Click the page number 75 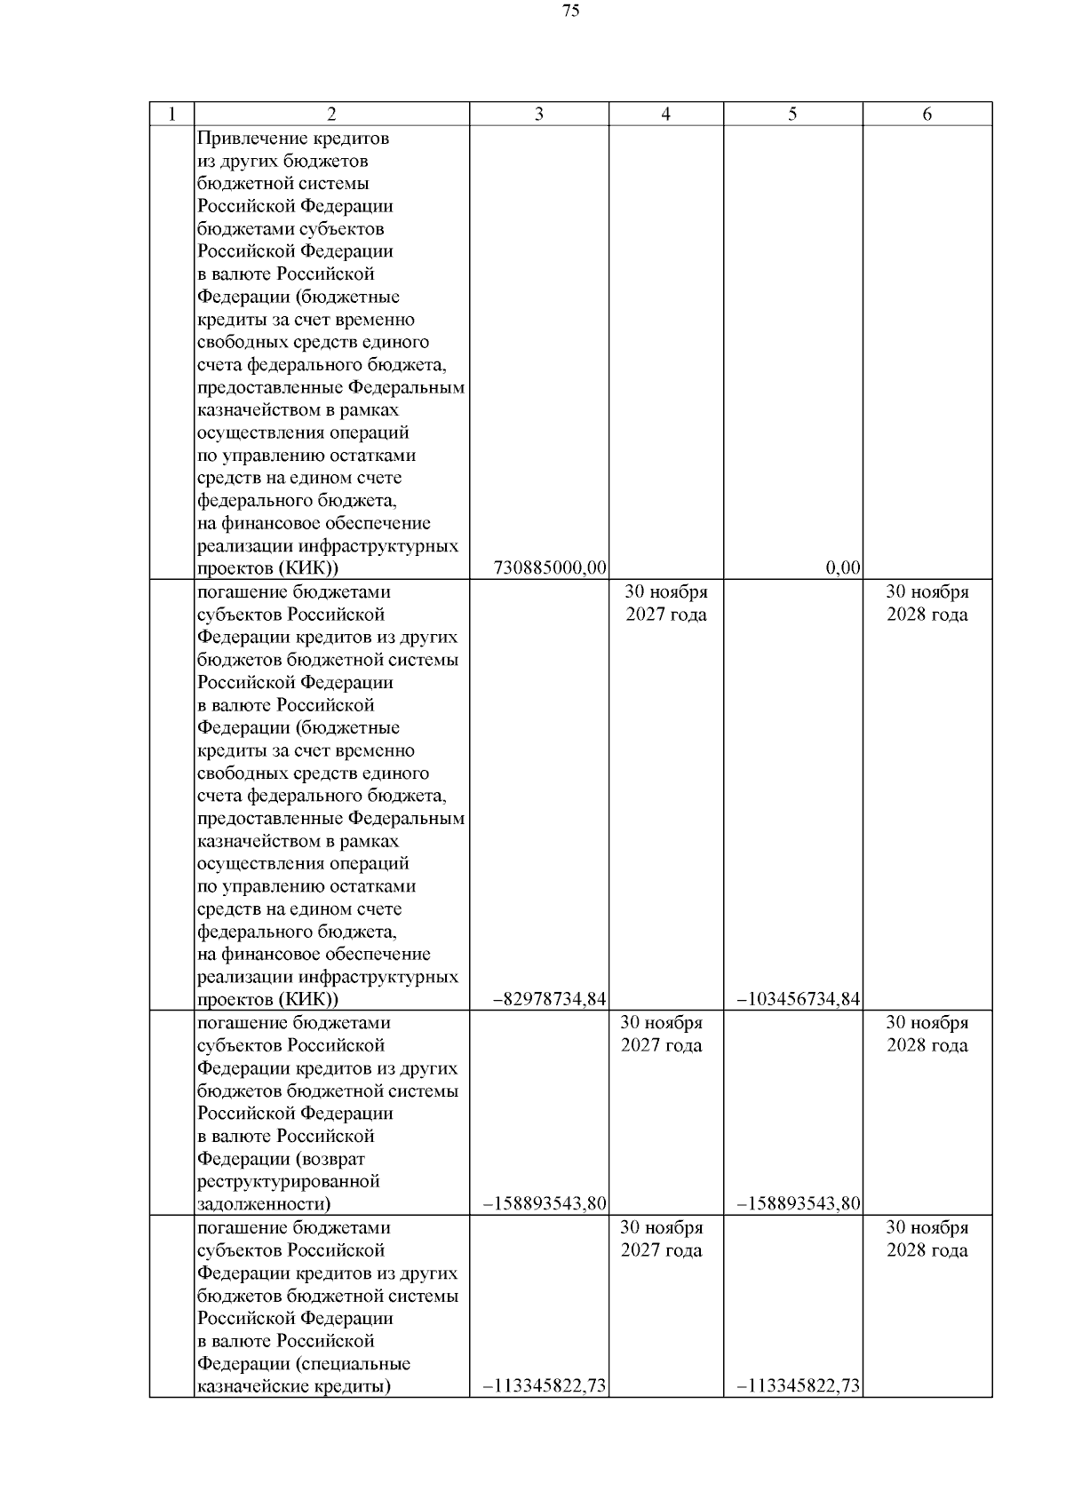point(571,12)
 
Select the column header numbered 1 point(171,114)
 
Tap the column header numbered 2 point(331,114)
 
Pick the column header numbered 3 point(539,114)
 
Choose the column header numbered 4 point(665,114)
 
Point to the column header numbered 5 point(792,114)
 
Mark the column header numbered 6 point(927,114)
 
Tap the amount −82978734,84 point(549,1000)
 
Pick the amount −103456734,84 point(799,1000)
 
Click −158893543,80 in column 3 point(545,1204)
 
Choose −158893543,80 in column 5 point(799,1204)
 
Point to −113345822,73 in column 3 point(545,1386)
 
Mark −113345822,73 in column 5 point(799,1386)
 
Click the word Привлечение point(247,139)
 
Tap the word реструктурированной point(289,1181)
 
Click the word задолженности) point(264,1204)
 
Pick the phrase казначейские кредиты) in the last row point(294,1386)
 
